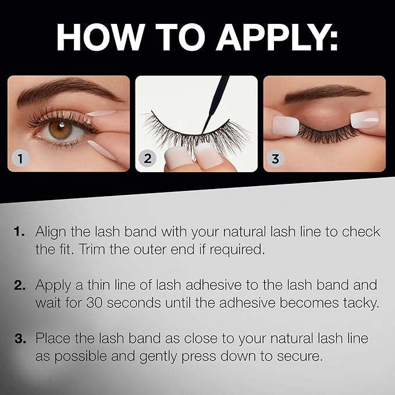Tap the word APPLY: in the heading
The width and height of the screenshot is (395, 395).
pyautogui.click(x=277, y=37)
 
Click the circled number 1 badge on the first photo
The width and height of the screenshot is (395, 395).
pyautogui.click(x=20, y=159)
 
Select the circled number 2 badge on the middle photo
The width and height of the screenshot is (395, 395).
pyautogui.click(x=147, y=158)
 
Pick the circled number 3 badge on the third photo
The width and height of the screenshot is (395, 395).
pyautogui.click(x=275, y=159)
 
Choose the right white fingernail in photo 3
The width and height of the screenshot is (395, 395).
pyautogui.click(x=365, y=119)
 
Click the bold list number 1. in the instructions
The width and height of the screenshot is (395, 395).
pyautogui.click(x=19, y=232)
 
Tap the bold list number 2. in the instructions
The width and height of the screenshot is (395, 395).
pyautogui.click(x=20, y=285)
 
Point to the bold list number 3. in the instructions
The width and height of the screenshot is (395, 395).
pyautogui.click(x=20, y=339)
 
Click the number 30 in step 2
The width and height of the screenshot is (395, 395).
pyautogui.click(x=94, y=303)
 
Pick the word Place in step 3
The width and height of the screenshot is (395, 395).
pyautogui.click(x=52, y=338)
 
